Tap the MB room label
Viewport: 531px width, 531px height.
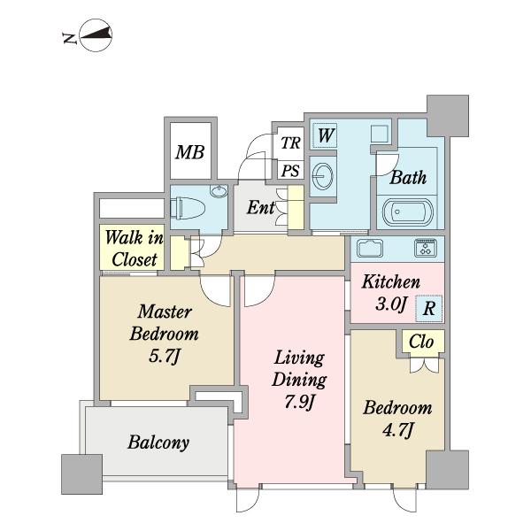click(x=190, y=152)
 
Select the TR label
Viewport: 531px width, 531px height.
click(x=290, y=142)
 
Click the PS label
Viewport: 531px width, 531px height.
click(x=290, y=171)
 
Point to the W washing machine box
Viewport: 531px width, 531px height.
click(x=325, y=135)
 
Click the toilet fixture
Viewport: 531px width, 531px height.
click(x=188, y=209)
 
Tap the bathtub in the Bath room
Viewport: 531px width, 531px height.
click(x=408, y=212)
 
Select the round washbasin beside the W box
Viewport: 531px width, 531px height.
click(x=323, y=176)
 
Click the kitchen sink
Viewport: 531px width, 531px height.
click(x=370, y=248)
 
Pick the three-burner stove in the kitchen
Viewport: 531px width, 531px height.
click(x=426, y=247)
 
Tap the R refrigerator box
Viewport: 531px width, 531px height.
click(x=428, y=308)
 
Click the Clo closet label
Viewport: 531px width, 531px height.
click(x=421, y=342)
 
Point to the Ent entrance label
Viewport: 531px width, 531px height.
click(x=260, y=207)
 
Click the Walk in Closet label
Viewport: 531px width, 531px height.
click(x=135, y=248)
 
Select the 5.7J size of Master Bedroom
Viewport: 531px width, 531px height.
click(x=164, y=357)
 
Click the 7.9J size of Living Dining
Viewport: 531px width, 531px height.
click(x=300, y=402)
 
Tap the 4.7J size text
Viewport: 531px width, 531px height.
click(x=398, y=430)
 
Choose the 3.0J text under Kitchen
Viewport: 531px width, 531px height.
click(x=390, y=304)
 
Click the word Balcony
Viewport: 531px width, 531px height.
click(x=158, y=442)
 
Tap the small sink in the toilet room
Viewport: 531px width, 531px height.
click(x=219, y=191)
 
